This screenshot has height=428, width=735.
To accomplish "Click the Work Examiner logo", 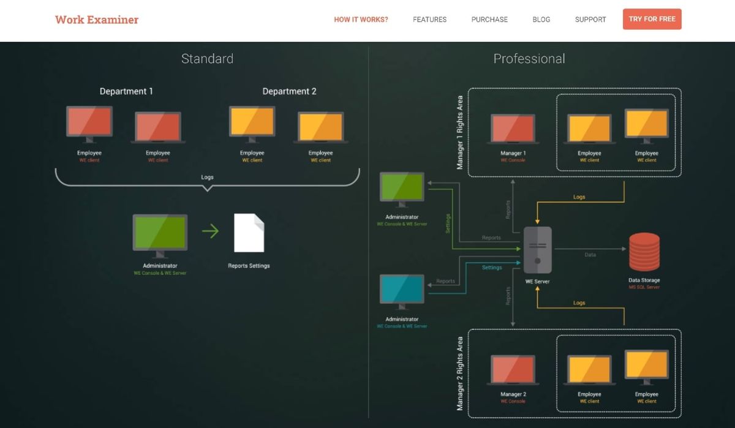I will pyautogui.click(x=97, y=20).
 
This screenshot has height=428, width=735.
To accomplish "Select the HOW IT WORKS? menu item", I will pyautogui.click(x=361, y=20).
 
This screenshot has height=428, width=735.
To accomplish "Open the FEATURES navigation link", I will pyautogui.click(x=429, y=20).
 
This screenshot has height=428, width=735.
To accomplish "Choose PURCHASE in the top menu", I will pyautogui.click(x=489, y=20).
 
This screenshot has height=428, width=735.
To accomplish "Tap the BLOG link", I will pyautogui.click(x=541, y=20).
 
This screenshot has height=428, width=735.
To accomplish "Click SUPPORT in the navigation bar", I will pyautogui.click(x=590, y=20).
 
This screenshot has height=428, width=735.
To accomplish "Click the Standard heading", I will pyautogui.click(x=207, y=59).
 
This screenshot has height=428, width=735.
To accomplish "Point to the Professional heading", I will pyautogui.click(x=529, y=59).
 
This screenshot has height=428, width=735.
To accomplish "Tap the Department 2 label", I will pyautogui.click(x=289, y=91).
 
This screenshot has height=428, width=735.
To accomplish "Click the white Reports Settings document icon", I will pyautogui.click(x=249, y=233).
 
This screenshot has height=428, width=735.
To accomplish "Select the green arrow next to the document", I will pyautogui.click(x=210, y=231).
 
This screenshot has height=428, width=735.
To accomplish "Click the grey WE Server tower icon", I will pyautogui.click(x=537, y=250).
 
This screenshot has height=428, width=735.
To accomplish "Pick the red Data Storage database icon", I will pyautogui.click(x=644, y=252).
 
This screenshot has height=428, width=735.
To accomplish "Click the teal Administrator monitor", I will pyautogui.click(x=402, y=291).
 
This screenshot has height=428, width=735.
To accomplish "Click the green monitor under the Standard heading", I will pyautogui.click(x=160, y=233).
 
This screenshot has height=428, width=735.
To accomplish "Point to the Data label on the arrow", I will pyautogui.click(x=590, y=255).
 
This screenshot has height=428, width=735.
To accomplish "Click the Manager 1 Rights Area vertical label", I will pyautogui.click(x=461, y=133).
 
